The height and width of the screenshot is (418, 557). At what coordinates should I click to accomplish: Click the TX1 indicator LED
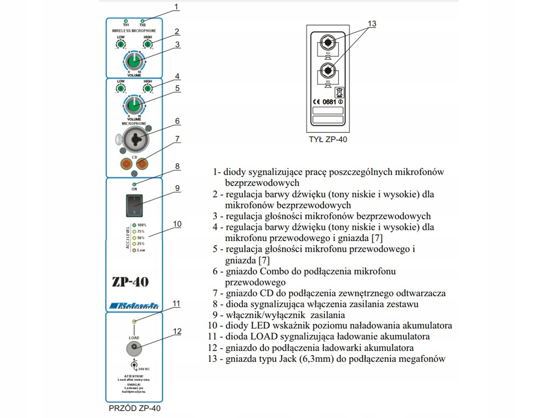pos(125,21)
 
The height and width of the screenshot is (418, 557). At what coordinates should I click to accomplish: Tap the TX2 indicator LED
pos(142,21)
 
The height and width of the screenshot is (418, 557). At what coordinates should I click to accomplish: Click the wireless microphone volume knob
pos(134,60)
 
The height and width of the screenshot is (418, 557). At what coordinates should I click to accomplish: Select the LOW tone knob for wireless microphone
pos(121,44)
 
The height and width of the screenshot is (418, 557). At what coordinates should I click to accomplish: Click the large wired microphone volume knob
pos(134,105)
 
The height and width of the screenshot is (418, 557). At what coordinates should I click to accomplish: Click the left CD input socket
pos(125,163)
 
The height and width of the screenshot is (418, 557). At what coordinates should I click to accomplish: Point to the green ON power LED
pos(134,184)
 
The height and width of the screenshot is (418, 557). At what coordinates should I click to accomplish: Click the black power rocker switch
pos(134,205)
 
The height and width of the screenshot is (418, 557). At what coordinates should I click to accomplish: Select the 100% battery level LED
pos(134,225)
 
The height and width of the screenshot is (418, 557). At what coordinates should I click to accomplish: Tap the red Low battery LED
pos(134,250)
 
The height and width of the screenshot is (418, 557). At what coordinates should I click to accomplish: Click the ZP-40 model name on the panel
pos(130,282)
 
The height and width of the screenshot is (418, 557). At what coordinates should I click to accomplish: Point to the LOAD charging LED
pos(134,321)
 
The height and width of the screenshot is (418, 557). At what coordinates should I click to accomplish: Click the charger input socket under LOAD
pos(134,346)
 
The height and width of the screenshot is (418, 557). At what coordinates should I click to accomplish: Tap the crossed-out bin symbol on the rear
pos(338,91)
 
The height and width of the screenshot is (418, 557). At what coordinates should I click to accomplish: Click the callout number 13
pos(372,23)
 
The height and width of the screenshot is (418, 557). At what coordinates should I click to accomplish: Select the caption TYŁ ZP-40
pos(328,138)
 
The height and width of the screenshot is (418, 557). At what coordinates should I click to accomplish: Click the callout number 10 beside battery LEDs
pos(177,223)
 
